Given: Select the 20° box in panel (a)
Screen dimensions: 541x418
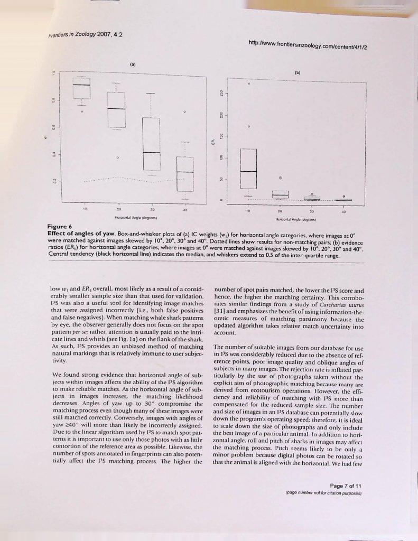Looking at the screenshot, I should [116, 109].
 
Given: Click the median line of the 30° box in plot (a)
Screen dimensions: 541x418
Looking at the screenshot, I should [151, 153].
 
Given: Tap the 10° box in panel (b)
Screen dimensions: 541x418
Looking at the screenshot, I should [248, 169].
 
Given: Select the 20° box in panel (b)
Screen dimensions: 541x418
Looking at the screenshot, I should [280, 194].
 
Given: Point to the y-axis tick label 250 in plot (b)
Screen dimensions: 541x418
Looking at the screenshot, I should [221, 94].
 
